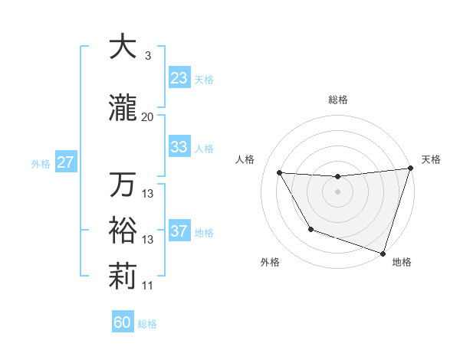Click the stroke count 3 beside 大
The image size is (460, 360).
(147, 55)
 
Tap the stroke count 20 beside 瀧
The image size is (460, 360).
(148, 117)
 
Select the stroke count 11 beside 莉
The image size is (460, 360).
(148, 286)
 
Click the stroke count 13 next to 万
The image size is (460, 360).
(148, 194)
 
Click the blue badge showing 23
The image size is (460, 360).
(179, 77)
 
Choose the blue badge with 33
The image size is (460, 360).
(179, 147)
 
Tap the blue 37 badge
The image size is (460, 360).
(179, 231)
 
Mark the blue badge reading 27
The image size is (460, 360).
(66, 162)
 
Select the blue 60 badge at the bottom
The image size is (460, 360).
(123, 322)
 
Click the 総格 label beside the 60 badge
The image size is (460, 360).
(148, 324)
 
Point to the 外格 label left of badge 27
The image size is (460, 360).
(41, 163)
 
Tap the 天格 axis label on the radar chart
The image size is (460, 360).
(431, 159)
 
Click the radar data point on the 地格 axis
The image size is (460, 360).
(382, 253)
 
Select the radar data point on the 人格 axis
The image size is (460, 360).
(279, 173)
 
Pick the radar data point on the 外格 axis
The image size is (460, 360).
(310, 229)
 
